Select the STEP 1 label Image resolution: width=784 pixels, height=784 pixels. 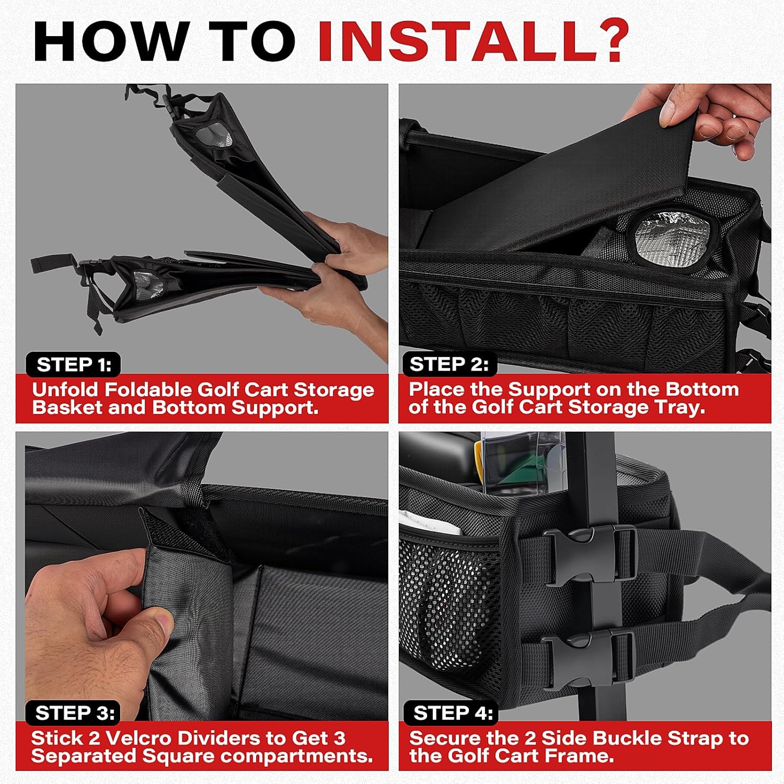[74, 365]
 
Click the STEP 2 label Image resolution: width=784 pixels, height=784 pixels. [449, 364]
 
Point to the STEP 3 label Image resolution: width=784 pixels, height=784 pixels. [75, 713]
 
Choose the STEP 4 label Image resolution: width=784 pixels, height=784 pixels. [453, 713]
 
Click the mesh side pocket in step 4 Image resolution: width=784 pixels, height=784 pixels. [449, 601]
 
